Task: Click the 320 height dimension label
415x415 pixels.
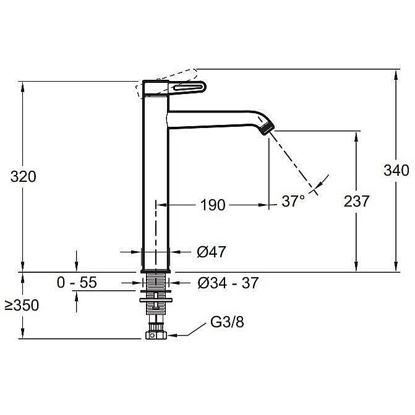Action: coord(24,176)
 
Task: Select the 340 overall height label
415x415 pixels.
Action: coord(396,170)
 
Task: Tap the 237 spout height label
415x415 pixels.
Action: coord(356,201)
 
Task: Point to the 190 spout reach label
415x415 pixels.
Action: coord(213,205)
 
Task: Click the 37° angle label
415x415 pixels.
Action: coord(293,201)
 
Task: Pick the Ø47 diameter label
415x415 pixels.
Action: coord(211,252)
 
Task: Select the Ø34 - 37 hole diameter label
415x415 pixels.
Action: coord(228,283)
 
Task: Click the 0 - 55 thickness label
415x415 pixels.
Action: coord(77,283)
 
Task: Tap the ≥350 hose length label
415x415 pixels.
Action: coord(22,305)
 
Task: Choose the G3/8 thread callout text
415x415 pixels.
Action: coord(227,322)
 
